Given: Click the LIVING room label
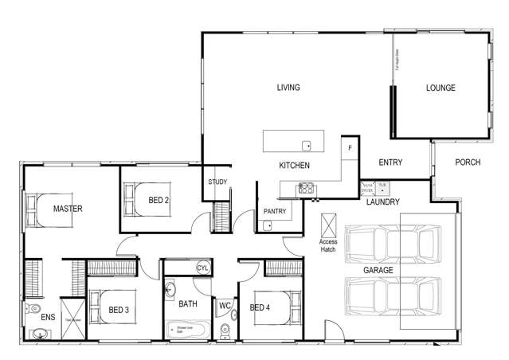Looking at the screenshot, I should pyautogui.click(x=288, y=88).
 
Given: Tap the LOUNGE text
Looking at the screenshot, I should pyautogui.click(x=440, y=88).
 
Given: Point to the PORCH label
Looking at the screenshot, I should pyautogui.click(x=468, y=162).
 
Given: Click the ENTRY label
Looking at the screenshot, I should pyautogui.click(x=390, y=162).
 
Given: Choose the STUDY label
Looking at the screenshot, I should pyautogui.click(x=217, y=182).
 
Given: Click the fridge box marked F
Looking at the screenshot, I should pyautogui.click(x=348, y=148).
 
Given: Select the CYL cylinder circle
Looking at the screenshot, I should pyautogui.click(x=202, y=268).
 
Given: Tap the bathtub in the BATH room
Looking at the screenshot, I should pyautogui.click(x=188, y=329).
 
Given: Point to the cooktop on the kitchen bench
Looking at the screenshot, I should pyautogui.click(x=305, y=189).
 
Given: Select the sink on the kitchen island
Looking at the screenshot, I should pyautogui.click(x=306, y=145).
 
